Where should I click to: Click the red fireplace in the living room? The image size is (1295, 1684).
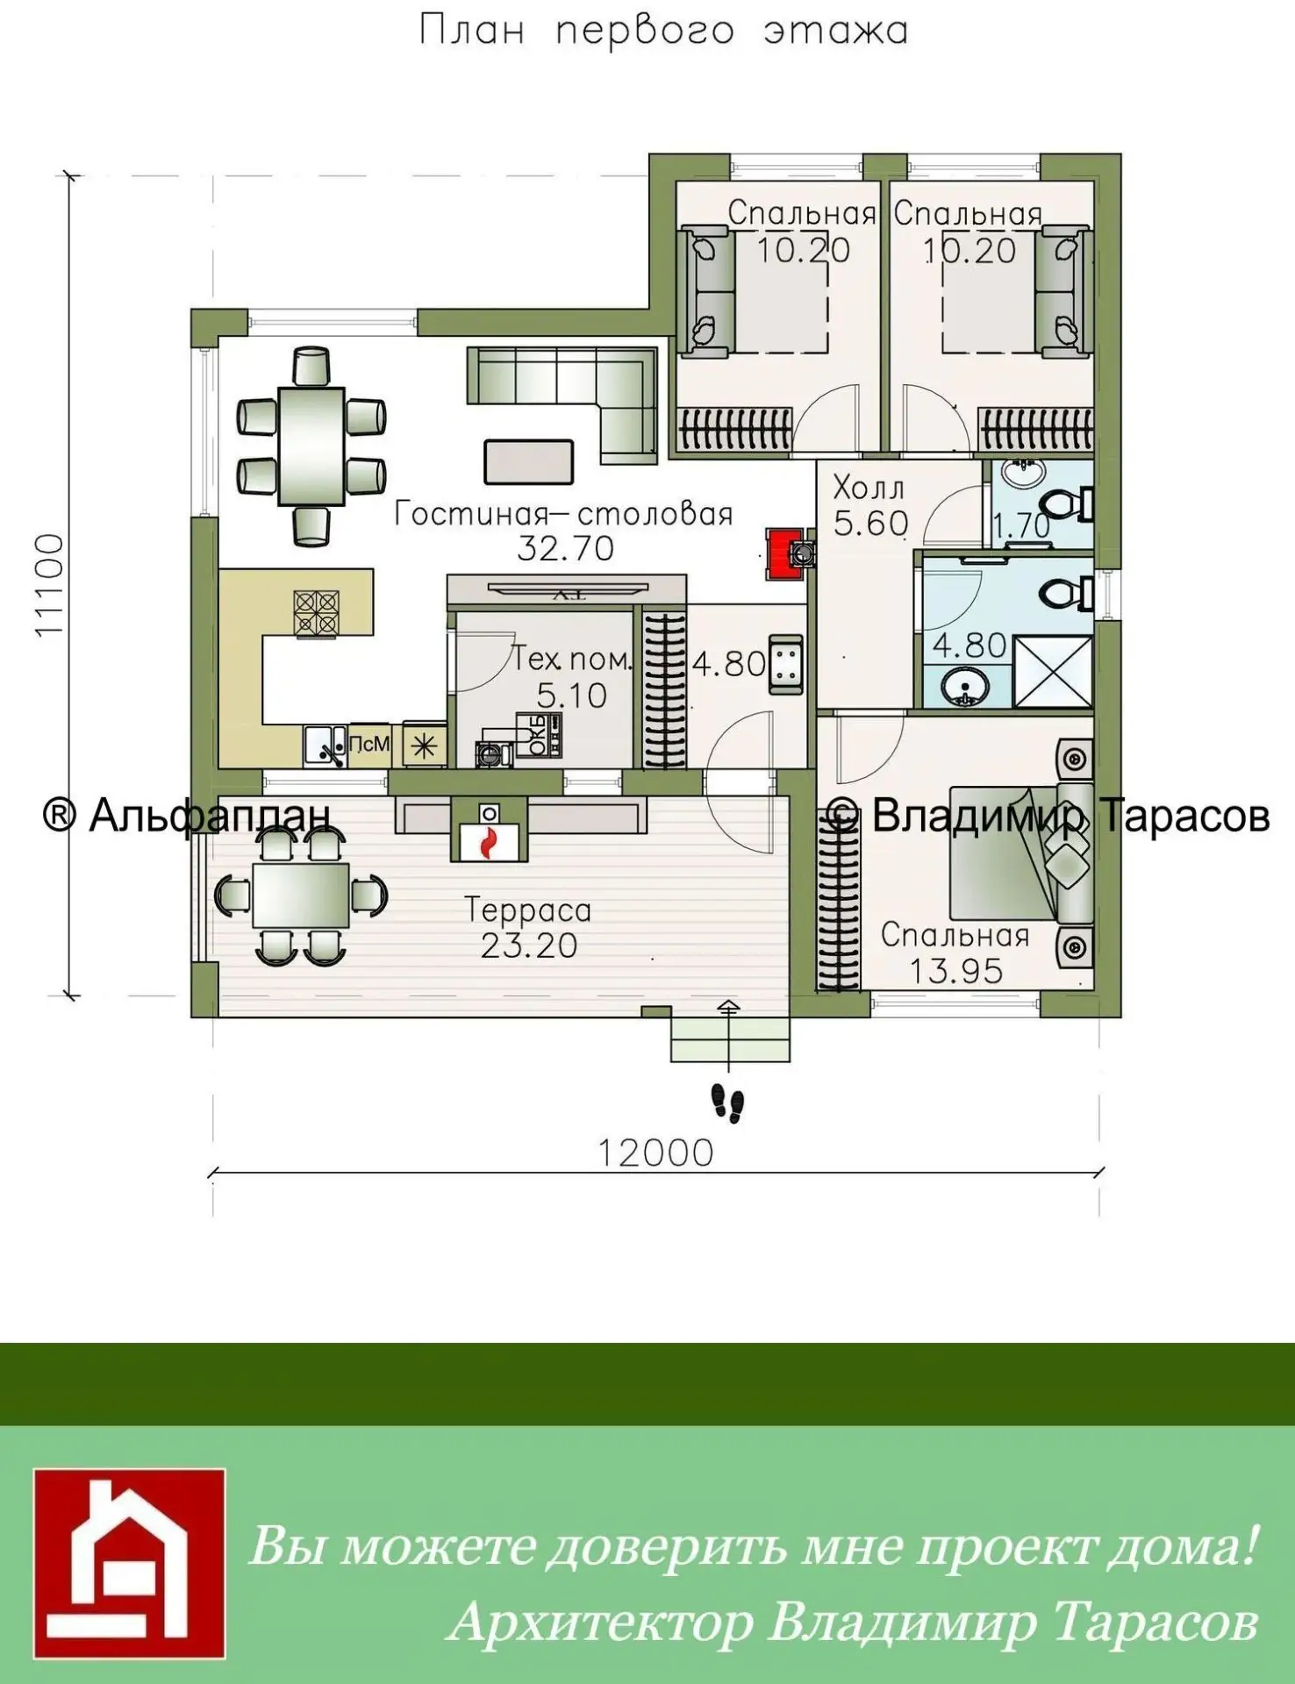(x=784, y=553)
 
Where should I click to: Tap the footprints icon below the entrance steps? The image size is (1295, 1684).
(x=727, y=1102)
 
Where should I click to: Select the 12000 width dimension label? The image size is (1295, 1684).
(x=655, y=1153)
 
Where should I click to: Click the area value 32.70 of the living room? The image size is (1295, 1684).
(x=565, y=548)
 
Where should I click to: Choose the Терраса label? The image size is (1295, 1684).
(x=527, y=910)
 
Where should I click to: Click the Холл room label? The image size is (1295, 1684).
(x=868, y=487)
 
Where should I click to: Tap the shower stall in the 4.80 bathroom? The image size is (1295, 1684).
(x=1053, y=672)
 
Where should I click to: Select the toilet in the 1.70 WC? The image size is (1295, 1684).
(x=1065, y=504)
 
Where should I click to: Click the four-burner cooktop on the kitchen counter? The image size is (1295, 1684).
(x=317, y=612)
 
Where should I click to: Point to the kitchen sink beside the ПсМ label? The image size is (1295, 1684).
(x=325, y=746)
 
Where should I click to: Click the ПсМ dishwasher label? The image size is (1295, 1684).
(x=368, y=744)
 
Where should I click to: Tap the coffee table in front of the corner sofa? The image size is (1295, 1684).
(x=529, y=461)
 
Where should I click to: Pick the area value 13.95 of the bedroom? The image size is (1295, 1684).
(x=955, y=971)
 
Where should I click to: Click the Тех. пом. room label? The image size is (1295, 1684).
(x=571, y=659)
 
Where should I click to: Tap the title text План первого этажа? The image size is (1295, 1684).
(x=663, y=30)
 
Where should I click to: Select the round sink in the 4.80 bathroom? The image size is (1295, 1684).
(x=963, y=686)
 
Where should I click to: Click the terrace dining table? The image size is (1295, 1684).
(x=301, y=895)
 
